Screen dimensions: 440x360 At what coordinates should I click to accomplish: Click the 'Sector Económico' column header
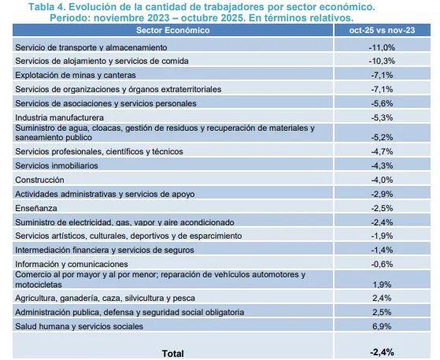coord(173,30)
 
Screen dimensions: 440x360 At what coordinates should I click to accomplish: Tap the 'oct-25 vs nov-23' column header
coord(382,30)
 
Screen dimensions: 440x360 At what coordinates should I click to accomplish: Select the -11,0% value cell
coord(382,47)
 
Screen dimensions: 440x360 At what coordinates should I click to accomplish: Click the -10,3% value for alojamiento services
coord(382,61)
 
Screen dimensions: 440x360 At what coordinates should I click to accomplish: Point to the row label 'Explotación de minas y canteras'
coord(76,76)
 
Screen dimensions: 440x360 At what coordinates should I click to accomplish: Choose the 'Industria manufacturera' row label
coord(60,117)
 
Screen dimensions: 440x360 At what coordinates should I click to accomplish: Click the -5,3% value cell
coord(382,117)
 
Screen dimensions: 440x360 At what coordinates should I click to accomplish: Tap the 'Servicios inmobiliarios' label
coord(57,165)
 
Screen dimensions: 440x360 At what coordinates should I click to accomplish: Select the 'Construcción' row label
coord(39,180)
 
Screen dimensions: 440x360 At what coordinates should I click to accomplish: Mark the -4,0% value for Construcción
coord(382,180)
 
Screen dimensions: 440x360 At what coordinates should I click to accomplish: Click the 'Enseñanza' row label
coord(36,209)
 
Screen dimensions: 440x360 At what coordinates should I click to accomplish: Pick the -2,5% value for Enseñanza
coord(382,209)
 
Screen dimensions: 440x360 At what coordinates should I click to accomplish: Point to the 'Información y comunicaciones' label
coord(72,264)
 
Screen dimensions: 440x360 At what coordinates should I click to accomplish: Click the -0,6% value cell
coord(382,264)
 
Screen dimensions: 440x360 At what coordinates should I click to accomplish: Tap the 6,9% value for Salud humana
coord(382,326)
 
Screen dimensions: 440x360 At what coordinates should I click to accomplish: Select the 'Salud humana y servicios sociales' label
coord(79,326)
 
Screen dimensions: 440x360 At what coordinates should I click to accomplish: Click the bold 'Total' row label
coord(173,354)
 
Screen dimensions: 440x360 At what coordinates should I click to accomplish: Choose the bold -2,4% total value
coord(382,352)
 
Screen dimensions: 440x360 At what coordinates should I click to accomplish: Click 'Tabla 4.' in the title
coord(46,7)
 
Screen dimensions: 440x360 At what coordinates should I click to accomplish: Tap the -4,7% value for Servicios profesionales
coord(382,151)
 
